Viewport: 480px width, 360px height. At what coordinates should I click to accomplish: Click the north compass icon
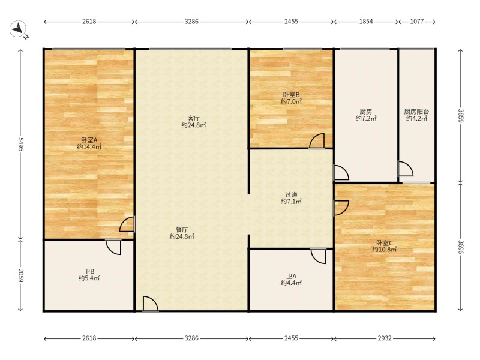(x=18, y=29)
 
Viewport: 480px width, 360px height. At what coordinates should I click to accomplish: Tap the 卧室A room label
(x=89, y=140)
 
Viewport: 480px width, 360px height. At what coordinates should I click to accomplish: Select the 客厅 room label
(x=193, y=118)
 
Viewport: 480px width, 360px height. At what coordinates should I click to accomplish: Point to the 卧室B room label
(x=291, y=95)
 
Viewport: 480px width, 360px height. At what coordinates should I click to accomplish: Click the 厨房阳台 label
(x=416, y=112)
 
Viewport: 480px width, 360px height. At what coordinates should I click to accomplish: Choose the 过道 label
(x=291, y=194)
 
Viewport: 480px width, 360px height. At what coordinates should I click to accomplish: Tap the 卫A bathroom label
(x=291, y=276)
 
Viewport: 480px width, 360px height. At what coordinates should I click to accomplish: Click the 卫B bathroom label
(x=89, y=271)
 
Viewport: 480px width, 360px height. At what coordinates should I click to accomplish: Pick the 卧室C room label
(x=385, y=243)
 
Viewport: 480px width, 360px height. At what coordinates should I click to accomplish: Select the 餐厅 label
(x=182, y=229)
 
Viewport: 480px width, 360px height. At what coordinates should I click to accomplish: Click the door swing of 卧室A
(x=127, y=224)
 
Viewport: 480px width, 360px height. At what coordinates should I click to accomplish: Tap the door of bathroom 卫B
(x=113, y=247)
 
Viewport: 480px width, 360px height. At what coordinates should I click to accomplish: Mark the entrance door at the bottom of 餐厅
(x=151, y=304)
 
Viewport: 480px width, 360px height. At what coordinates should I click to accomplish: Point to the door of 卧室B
(x=317, y=141)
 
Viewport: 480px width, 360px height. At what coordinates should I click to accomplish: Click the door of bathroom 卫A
(x=318, y=256)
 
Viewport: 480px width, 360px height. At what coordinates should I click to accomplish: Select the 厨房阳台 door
(x=406, y=169)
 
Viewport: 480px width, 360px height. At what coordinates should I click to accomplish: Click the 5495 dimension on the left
(x=20, y=144)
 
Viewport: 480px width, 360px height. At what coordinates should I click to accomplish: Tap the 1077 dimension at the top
(x=417, y=22)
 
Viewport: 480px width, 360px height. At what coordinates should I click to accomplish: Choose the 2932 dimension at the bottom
(x=385, y=338)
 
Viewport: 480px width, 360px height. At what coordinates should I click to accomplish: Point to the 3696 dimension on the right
(x=461, y=247)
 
